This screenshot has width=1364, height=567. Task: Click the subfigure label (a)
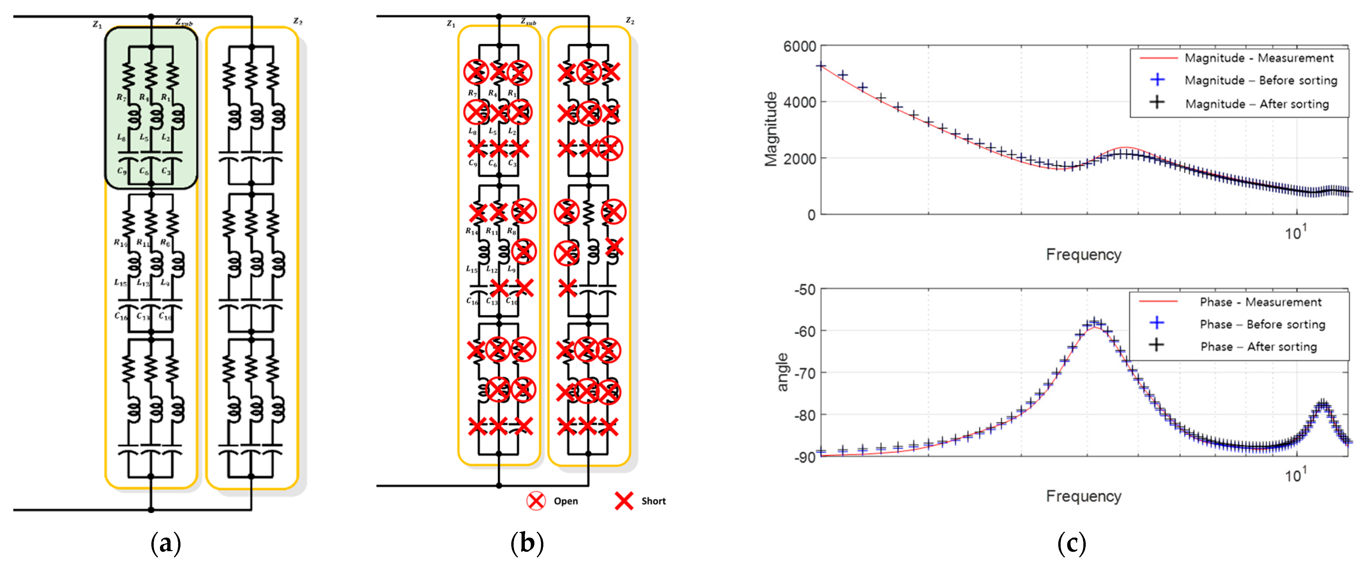[x=166, y=544]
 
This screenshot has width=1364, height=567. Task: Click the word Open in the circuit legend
[x=565, y=501]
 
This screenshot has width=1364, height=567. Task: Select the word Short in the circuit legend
[x=653, y=501]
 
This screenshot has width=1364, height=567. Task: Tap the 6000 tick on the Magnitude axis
[x=799, y=47]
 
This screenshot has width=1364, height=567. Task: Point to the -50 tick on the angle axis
[x=805, y=290]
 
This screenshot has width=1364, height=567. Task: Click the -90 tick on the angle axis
[x=805, y=457]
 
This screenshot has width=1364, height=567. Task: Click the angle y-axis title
[x=782, y=373]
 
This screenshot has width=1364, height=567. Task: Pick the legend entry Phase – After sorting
[x=1258, y=346]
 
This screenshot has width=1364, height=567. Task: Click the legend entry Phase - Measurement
[x=1260, y=302]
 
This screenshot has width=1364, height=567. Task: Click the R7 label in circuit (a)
[x=121, y=98]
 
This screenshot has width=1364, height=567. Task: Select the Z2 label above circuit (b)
[x=630, y=21]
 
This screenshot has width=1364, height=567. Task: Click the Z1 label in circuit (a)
[x=97, y=25]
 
